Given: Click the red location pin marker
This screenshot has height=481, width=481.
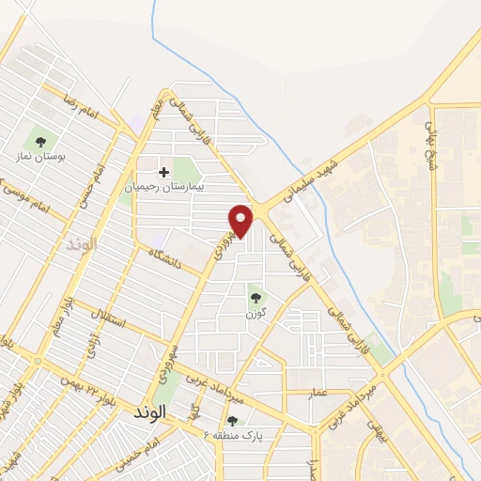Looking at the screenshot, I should coord(242,221).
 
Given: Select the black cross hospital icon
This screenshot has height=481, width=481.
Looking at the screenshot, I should coord(164,172).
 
